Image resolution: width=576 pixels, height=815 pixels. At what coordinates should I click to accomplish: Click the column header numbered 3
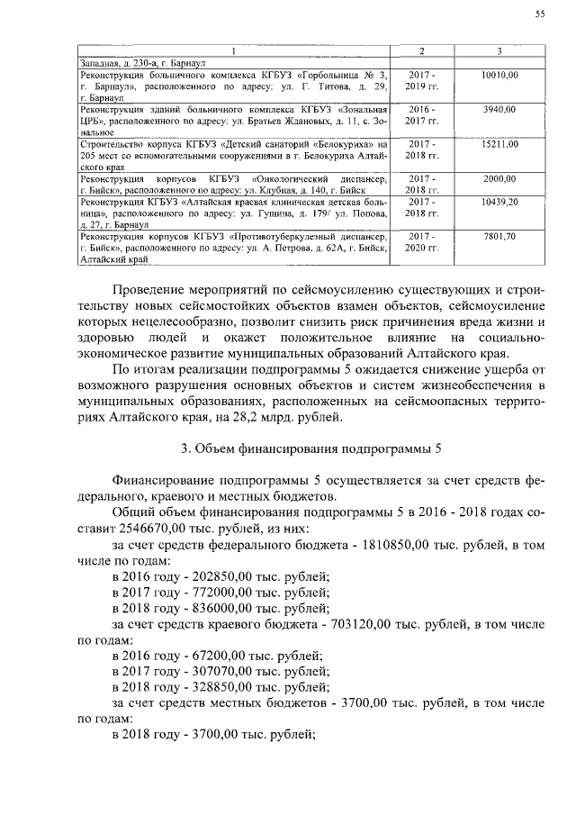pos(499,50)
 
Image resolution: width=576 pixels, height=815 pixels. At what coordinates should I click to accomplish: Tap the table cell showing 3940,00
pos(499,109)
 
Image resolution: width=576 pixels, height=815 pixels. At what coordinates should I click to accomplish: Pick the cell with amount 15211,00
pos(499,143)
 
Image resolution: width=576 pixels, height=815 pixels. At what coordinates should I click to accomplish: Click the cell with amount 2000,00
pos(499,178)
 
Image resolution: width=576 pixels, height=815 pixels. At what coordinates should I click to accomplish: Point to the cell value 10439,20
pos(499,202)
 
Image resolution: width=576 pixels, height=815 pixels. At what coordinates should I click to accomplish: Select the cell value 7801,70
pos(499,236)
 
